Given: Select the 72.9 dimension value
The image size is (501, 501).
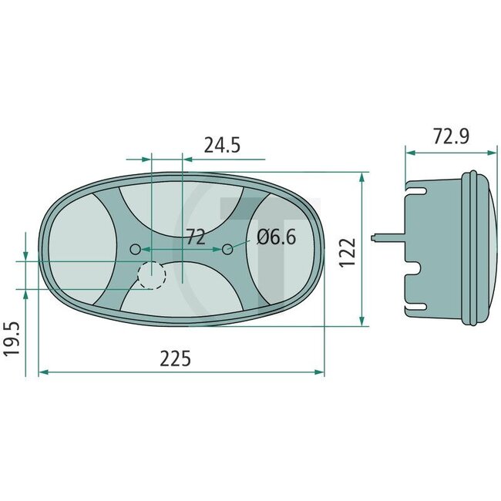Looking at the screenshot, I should point(451,136).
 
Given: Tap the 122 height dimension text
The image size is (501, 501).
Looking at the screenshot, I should point(348,250).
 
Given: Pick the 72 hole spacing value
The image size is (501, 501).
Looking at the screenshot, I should point(195,237).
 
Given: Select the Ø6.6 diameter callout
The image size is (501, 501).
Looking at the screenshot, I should point(277,237).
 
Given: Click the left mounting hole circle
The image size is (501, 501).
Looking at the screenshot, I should point(136,249).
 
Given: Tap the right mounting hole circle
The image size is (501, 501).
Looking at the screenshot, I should point(227,249).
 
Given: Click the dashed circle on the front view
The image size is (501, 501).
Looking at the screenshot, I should point(152,274).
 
